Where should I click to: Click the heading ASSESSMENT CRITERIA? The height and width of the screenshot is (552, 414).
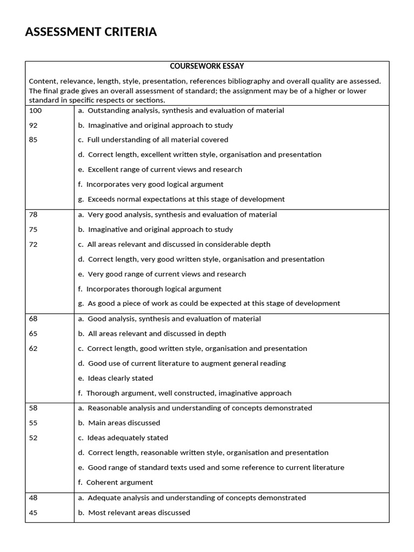click(x=91, y=32)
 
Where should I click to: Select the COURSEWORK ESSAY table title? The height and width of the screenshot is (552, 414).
click(x=207, y=66)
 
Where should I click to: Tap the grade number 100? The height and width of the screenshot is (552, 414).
click(x=35, y=111)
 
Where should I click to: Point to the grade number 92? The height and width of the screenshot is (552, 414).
click(x=33, y=125)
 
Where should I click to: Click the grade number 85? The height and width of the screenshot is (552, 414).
click(x=33, y=140)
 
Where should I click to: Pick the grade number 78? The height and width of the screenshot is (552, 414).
click(x=33, y=215)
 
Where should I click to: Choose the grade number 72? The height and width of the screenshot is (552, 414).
click(x=33, y=244)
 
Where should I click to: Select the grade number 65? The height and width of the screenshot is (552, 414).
click(x=33, y=334)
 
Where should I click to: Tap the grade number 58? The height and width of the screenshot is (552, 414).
click(x=33, y=408)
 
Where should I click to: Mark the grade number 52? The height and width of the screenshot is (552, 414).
click(x=33, y=438)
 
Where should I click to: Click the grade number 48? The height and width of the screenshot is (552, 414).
click(x=33, y=498)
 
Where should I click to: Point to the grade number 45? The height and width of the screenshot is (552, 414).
click(x=33, y=513)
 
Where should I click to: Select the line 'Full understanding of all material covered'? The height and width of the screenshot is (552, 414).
click(x=157, y=140)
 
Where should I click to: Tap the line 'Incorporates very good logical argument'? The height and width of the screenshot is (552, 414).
click(x=155, y=184)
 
